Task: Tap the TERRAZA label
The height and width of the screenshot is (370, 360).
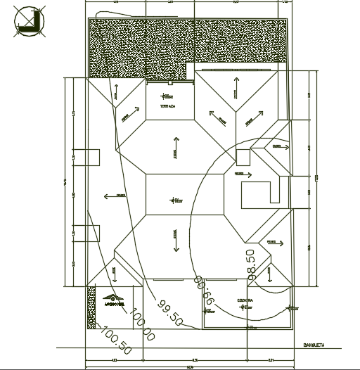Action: (167, 106)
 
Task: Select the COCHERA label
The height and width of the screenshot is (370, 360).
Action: (245, 300)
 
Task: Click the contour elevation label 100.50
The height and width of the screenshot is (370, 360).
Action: (117, 340)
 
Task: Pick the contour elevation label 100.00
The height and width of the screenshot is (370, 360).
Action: (142, 326)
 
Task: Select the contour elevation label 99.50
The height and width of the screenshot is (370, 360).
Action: (170, 313)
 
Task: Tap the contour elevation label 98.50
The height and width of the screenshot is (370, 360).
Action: (250, 265)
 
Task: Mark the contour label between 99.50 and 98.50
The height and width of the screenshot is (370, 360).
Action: (204, 289)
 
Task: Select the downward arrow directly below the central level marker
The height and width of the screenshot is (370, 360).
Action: (174, 239)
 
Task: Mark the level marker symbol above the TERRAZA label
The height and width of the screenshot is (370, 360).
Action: (167, 95)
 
